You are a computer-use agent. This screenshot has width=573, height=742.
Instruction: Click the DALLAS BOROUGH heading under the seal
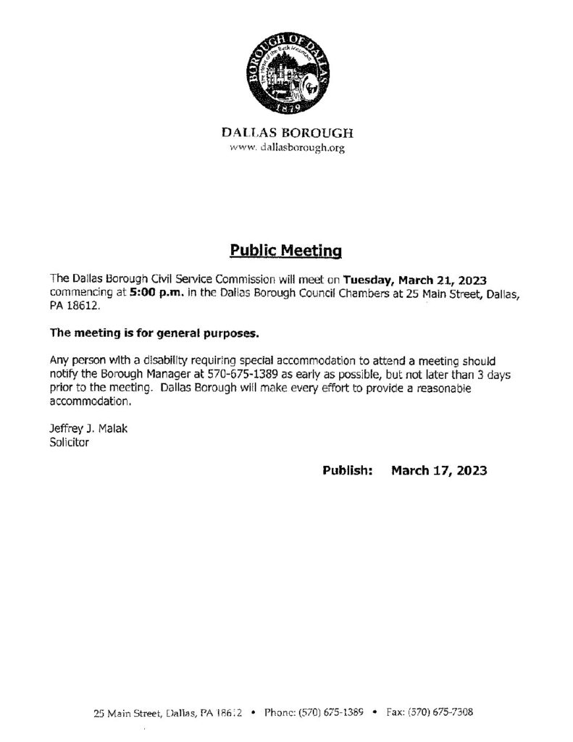click(x=288, y=134)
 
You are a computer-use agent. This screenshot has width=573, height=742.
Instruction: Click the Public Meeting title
click(x=285, y=251)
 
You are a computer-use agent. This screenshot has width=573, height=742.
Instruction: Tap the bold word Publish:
click(x=347, y=470)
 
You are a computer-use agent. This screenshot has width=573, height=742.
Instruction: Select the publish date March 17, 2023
click(x=439, y=470)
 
